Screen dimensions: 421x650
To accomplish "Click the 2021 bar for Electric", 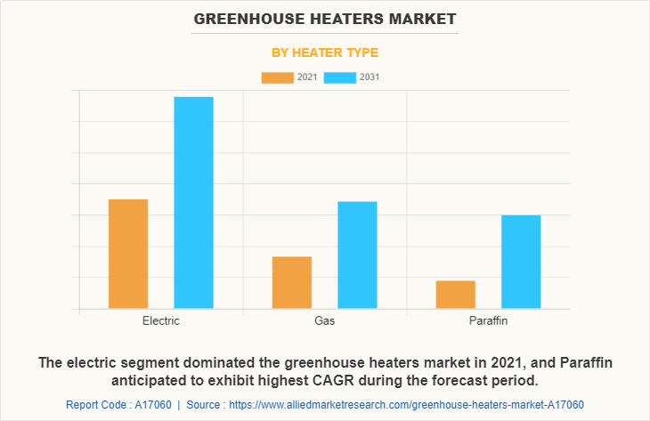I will pos(128,254).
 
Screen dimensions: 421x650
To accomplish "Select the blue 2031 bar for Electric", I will pos(193,202).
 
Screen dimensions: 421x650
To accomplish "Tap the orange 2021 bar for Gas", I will pos(292,282).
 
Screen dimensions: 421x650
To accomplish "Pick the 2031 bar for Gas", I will pos(357,255).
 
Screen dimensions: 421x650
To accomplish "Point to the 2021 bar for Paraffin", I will pos(455,295).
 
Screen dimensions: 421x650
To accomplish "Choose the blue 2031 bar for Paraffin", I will pos(521,262).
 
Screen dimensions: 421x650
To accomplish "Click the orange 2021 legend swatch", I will pos(277,77).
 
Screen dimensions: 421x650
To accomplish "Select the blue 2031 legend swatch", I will pos(340,77).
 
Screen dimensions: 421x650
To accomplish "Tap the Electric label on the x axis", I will pos(160,320).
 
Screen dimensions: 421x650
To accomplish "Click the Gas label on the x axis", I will pos(324,320).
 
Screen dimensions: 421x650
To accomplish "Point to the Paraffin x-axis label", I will pos(488,320).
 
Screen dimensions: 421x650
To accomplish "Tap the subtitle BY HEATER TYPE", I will pos(325,53).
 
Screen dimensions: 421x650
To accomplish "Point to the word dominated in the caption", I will pos(240,363).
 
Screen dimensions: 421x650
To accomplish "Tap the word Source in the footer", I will pos(206,405).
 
